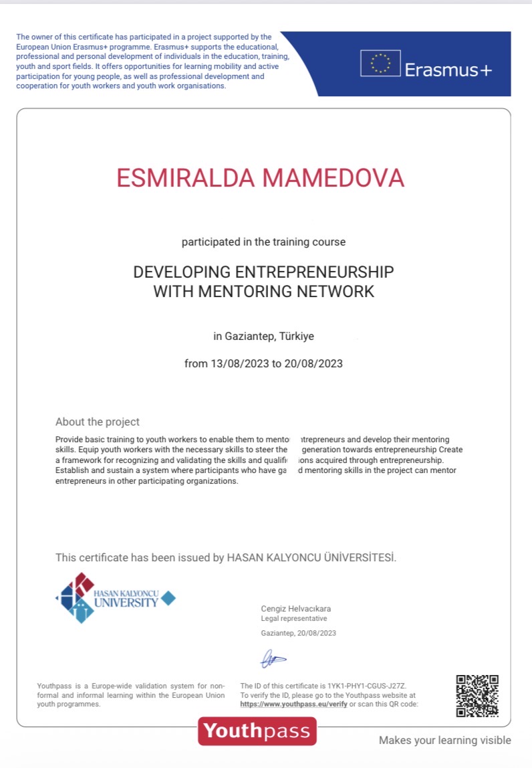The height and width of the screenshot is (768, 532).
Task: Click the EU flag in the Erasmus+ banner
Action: (x=380, y=64)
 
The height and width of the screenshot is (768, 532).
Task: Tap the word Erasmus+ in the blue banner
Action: (x=448, y=69)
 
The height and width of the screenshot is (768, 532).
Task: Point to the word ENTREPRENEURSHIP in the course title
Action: (x=315, y=272)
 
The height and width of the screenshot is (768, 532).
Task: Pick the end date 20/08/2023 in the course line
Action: (x=313, y=364)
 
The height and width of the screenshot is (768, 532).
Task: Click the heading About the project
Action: (x=98, y=422)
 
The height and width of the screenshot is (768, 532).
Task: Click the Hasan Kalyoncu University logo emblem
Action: (x=76, y=597)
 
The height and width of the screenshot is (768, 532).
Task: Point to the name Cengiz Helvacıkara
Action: (x=295, y=609)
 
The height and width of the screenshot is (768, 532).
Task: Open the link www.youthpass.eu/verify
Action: (x=293, y=704)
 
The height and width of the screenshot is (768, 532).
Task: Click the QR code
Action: (x=477, y=696)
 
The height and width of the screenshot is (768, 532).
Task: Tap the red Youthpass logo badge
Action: (x=257, y=731)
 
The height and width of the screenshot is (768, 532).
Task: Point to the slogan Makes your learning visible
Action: (x=444, y=740)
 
